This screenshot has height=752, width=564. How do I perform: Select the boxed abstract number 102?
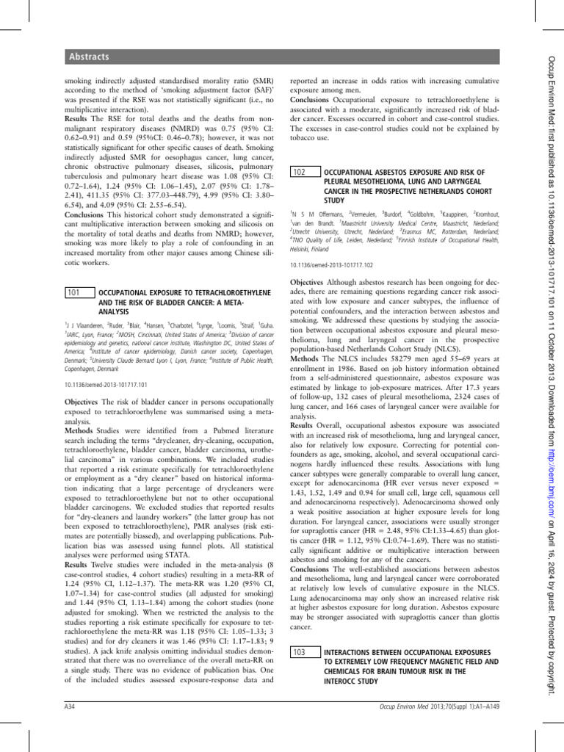pos(300,172)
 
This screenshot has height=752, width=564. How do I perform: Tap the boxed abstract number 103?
pos(300,651)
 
